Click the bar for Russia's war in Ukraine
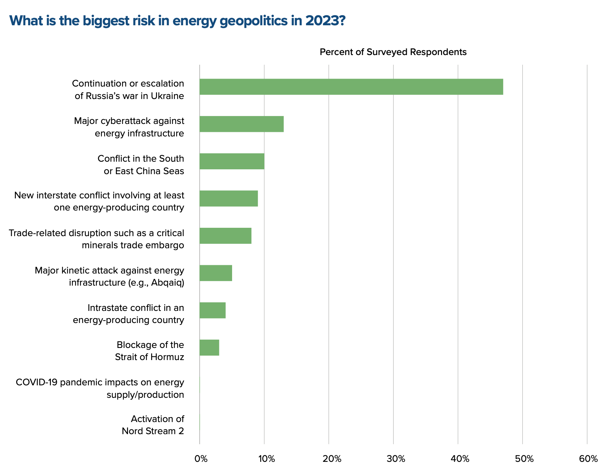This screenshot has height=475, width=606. click(351, 87)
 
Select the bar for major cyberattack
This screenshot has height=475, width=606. click(241, 124)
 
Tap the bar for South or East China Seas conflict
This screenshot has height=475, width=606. click(232, 161)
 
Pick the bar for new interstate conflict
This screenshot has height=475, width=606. click(229, 198)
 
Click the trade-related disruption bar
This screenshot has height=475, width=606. click(225, 236)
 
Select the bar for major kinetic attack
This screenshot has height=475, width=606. click(215, 273)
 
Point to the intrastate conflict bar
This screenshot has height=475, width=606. click(212, 310)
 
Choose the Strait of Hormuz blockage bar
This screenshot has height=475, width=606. click(209, 348)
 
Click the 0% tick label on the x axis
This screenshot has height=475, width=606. click(201, 459)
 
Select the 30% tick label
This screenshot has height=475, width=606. click(395, 459)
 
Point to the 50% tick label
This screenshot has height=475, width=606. click(524, 459)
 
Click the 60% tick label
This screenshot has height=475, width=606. click(588, 459)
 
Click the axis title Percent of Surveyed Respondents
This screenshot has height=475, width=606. click(393, 52)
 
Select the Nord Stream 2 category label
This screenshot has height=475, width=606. click(153, 431)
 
